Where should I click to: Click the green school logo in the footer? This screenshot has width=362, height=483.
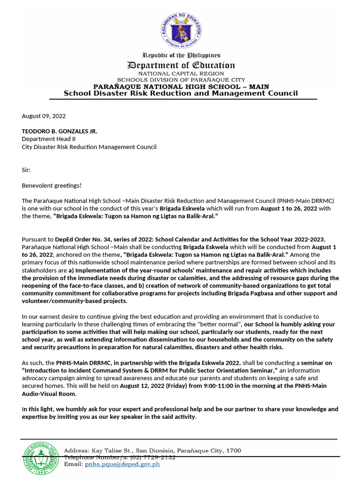click(40, 458)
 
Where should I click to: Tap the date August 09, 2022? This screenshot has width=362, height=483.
click(44, 116)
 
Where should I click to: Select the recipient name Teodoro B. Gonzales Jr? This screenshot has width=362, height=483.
click(59, 131)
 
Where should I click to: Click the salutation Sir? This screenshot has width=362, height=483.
click(27, 169)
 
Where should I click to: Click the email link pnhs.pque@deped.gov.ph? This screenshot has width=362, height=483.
click(122, 464)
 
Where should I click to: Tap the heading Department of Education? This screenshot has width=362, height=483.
click(181, 66)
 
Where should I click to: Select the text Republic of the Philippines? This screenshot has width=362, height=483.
click(181, 56)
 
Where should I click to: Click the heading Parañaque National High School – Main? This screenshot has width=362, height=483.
click(181, 86)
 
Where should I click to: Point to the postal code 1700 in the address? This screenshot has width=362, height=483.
click(233, 450)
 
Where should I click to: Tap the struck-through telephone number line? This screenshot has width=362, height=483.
click(120, 458)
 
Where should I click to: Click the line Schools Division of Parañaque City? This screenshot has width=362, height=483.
click(181, 80)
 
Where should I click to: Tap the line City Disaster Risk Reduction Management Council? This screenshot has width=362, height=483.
click(89, 147)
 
